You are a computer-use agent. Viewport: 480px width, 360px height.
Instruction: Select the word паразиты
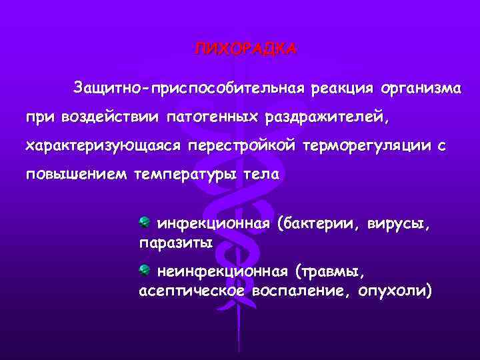[x=175, y=244]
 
